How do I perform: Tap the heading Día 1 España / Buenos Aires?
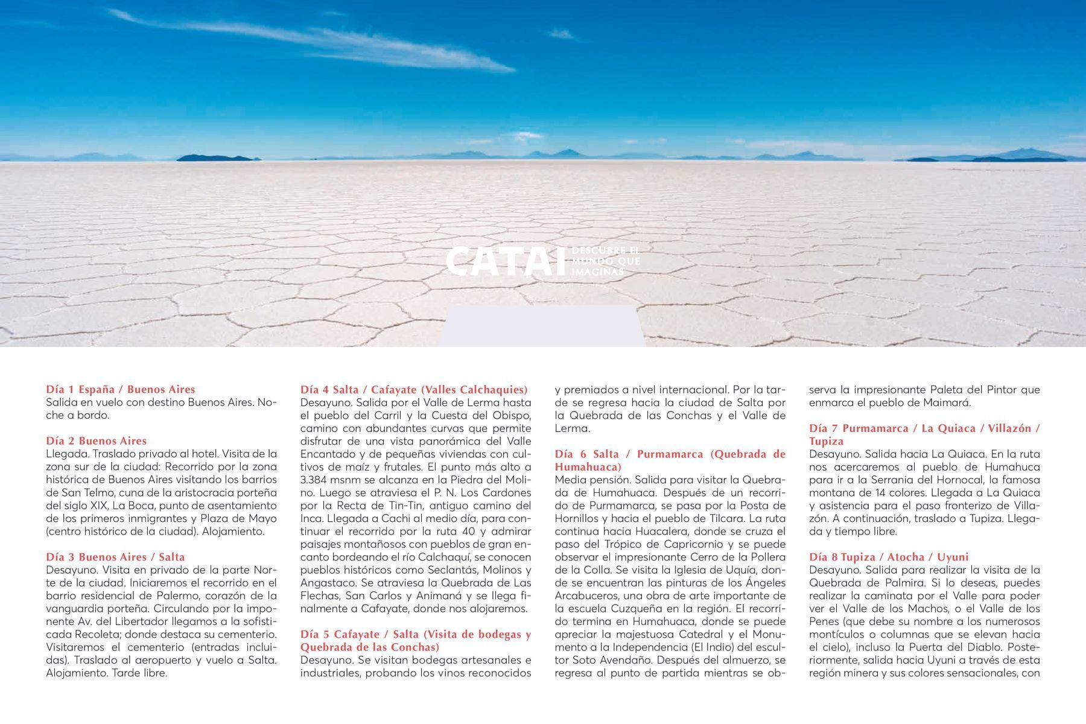121,389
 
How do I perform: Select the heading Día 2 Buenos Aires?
97,440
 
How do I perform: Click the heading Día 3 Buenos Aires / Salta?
116,557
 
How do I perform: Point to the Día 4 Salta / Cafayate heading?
414,389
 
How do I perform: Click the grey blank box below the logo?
541,326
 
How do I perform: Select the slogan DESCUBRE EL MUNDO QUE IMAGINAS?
605,261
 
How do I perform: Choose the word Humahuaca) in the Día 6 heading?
588,467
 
